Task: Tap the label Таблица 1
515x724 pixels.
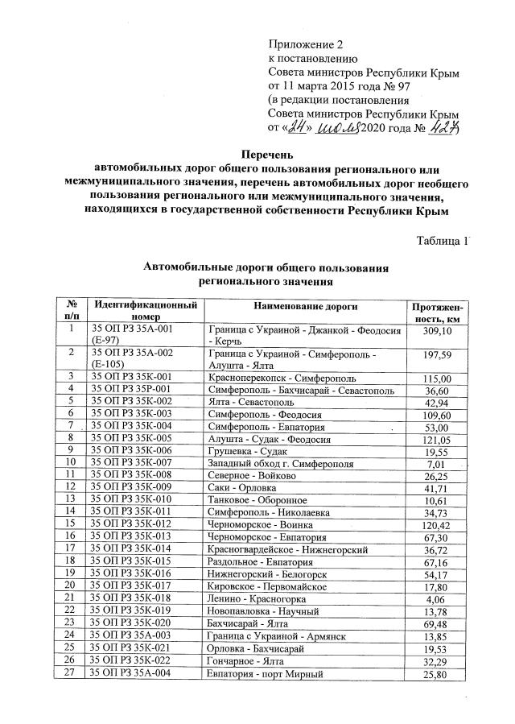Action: tap(442, 241)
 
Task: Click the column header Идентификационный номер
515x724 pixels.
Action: tap(144, 312)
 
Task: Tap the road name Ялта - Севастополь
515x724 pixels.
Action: tap(253, 401)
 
